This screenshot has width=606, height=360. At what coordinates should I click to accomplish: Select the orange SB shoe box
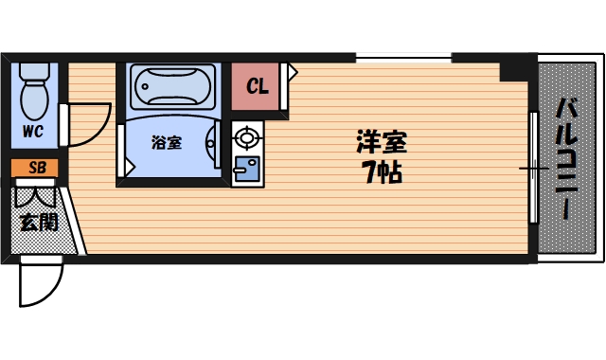pyautogui.click(x=37, y=169)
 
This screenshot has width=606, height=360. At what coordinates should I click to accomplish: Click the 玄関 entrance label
pyautogui.click(x=39, y=223)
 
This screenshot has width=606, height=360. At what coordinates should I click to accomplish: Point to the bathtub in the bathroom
pyautogui.click(x=173, y=86)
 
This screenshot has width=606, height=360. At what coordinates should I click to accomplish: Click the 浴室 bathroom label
pyautogui.click(x=167, y=143)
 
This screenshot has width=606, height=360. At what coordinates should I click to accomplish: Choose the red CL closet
pyautogui.click(x=257, y=86)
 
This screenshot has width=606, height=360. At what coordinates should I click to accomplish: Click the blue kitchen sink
pyautogui.click(x=246, y=171)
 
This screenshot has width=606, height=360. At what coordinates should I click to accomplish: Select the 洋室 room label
pyautogui.click(x=381, y=143)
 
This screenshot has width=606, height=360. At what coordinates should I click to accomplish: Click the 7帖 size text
pyautogui.click(x=381, y=172)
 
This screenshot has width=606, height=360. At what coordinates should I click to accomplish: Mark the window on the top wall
pyautogui.click(x=402, y=59)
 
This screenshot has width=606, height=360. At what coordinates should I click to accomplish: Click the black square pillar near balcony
pyautogui.click(x=517, y=65)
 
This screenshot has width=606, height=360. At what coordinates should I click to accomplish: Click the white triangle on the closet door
pyautogui.click(x=294, y=71)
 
